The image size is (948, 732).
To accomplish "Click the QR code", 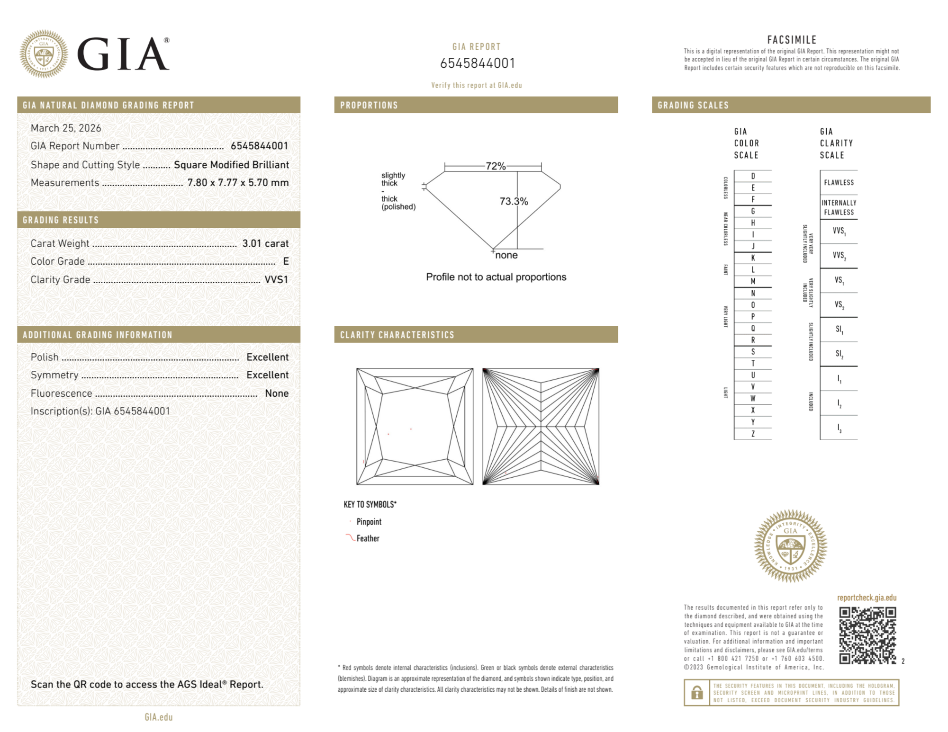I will (867, 635).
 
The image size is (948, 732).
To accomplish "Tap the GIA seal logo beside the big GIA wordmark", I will (44, 54).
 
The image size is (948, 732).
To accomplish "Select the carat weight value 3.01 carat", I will (265, 243).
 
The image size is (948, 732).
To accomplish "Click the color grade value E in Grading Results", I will (286, 261).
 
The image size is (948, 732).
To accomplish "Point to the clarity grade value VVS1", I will (276, 280).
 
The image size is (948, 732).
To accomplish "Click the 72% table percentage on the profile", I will (495, 166).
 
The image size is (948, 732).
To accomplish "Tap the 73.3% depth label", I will (514, 201).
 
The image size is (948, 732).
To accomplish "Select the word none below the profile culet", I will (506, 255).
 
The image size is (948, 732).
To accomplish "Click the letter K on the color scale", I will (753, 258).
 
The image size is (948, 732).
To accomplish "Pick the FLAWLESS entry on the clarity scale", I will (839, 182).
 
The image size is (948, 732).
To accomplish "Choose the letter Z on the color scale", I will (753, 434).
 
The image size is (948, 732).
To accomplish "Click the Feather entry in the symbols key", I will (368, 538).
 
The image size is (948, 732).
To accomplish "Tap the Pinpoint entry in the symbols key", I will (369, 522).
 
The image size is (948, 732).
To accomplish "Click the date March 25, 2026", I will (66, 128).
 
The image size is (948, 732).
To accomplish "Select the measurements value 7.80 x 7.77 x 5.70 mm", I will (238, 183).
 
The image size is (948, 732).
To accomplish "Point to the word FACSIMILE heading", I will (792, 40).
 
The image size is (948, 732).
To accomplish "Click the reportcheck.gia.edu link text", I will (867, 598).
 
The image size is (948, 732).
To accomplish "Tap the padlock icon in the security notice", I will (696, 693).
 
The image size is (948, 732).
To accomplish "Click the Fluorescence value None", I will (277, 393).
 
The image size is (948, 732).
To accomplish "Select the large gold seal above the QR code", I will (790, 546).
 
